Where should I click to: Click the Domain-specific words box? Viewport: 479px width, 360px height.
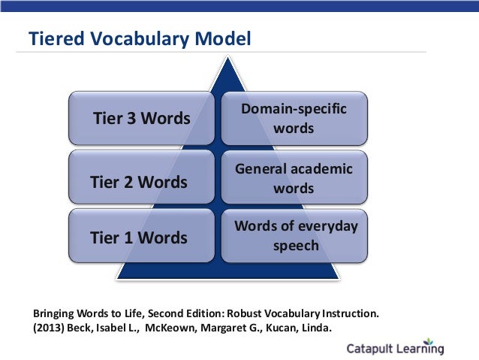[294, 119]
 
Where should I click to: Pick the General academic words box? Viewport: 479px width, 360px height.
[294, 179]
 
